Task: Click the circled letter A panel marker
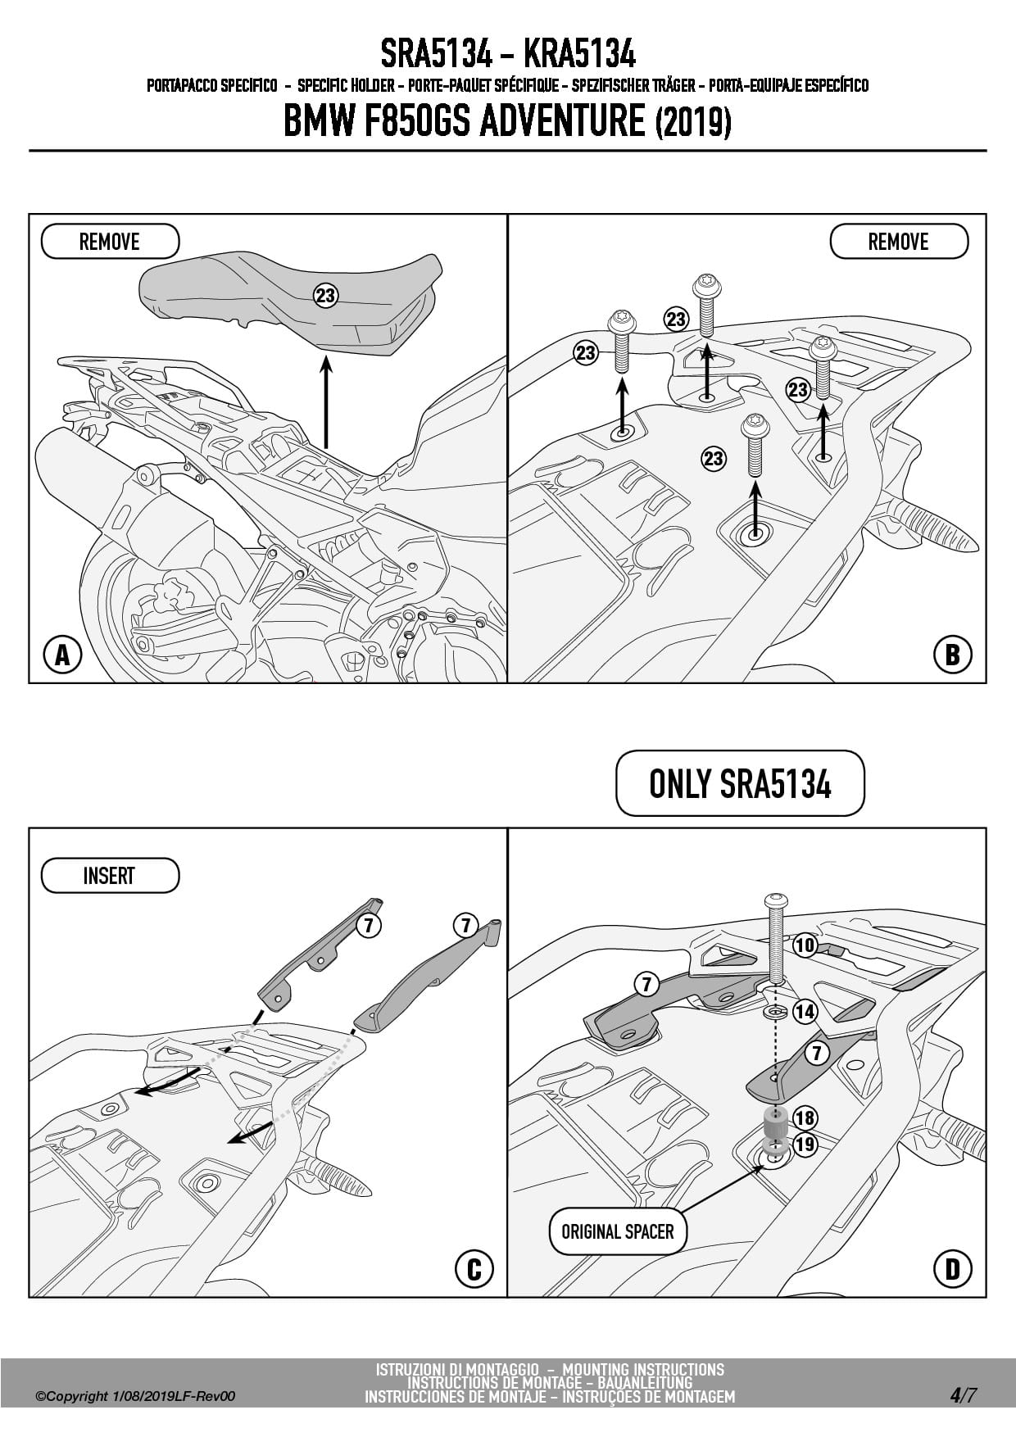63,655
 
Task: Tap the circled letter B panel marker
952,655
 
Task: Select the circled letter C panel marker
474,1269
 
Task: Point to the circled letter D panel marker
952,1269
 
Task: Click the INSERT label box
110,876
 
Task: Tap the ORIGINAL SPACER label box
617,1231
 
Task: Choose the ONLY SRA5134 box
740,784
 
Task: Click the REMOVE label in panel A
110,242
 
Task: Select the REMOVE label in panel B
899,242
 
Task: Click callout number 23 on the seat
326,295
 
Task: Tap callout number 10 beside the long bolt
805,945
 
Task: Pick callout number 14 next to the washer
805,1012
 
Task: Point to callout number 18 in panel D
805,1117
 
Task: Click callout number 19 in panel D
805,1144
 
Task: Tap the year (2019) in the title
693,123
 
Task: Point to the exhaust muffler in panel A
82,483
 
